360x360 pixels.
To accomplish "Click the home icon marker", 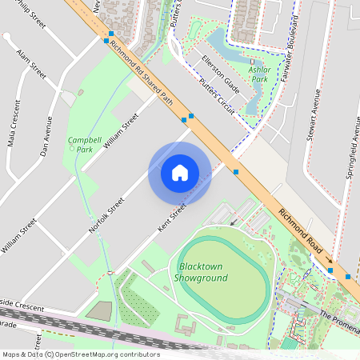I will pyautogui.click(x=180, y=172).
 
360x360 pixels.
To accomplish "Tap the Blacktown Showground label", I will pyautogui.click(x=202, y=272).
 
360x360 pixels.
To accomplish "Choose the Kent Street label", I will pyautogui.click(x=172, y=218).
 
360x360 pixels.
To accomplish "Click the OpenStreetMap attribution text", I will pyautogui.click(x=80, y=354).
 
